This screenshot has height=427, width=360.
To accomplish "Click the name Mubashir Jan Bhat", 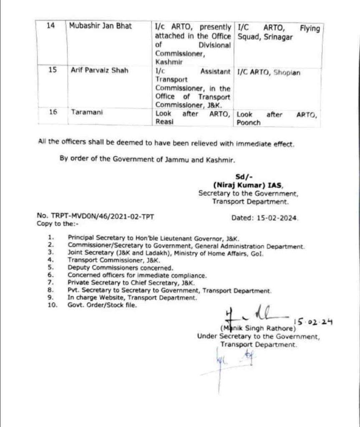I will coord(100,27).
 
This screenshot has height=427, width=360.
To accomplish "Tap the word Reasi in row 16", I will coord(164,123).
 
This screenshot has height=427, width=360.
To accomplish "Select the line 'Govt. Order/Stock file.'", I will coord(102,305).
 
